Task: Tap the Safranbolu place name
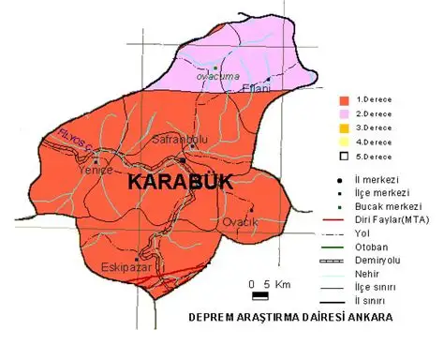[174, 139]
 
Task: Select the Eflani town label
[256, 88]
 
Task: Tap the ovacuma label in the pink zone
[217, 76]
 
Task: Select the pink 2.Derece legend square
[344, 112]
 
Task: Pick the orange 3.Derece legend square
[344, 127]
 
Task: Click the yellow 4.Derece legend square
[344, 142]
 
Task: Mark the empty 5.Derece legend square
[344, 156]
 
